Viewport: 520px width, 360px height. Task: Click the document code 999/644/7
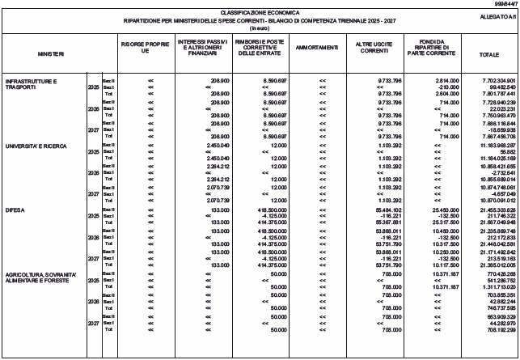point(503,4)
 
